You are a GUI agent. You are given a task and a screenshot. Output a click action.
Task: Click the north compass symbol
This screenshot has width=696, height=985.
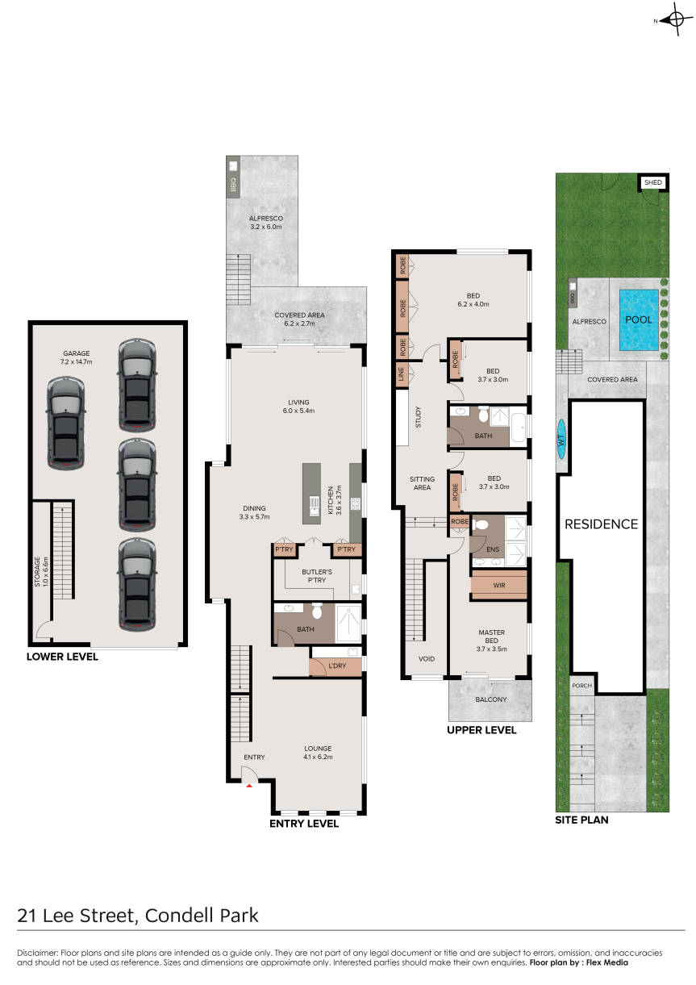click(x=675, y=20)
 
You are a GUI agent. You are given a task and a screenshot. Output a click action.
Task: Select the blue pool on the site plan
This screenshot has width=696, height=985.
click(x=639, y=319)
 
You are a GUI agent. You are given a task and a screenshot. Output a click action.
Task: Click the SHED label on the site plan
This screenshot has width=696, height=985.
click(x=653, y=182)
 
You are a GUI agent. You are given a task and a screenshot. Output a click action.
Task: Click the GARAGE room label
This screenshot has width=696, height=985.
click(x=77, y=353)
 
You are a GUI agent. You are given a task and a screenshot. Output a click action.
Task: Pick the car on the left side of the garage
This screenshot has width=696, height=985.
click(x=65, y=423)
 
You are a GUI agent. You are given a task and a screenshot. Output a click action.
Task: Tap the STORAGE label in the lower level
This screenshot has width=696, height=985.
click(x=37, y=572)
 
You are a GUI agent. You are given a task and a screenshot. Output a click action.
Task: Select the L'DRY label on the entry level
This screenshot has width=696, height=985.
click(x=337, y=666)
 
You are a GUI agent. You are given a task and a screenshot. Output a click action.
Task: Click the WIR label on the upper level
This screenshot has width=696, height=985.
click(x=499, y=586)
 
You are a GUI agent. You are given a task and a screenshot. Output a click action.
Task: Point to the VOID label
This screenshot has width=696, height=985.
click(x=427, y=659)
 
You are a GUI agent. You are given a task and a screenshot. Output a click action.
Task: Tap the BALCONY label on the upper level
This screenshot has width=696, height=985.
click(x=490, y=699)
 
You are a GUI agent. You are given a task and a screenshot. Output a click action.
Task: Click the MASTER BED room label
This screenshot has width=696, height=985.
click(x=491, y=636)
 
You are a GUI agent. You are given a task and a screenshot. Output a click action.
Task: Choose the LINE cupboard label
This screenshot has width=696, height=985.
click(x=401, y=374)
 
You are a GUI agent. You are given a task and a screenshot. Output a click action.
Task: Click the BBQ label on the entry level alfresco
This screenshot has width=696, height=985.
click(x=233, y=184)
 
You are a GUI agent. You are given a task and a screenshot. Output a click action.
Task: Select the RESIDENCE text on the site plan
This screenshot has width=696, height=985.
click(x=601, y=524)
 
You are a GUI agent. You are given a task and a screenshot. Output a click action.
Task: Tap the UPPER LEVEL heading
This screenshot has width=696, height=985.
click(x=481, y=730)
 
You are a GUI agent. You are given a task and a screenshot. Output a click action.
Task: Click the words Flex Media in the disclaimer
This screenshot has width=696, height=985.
click(x=606, y=962)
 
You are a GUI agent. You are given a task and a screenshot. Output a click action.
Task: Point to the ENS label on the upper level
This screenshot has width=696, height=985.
click(x=493, y=549)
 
